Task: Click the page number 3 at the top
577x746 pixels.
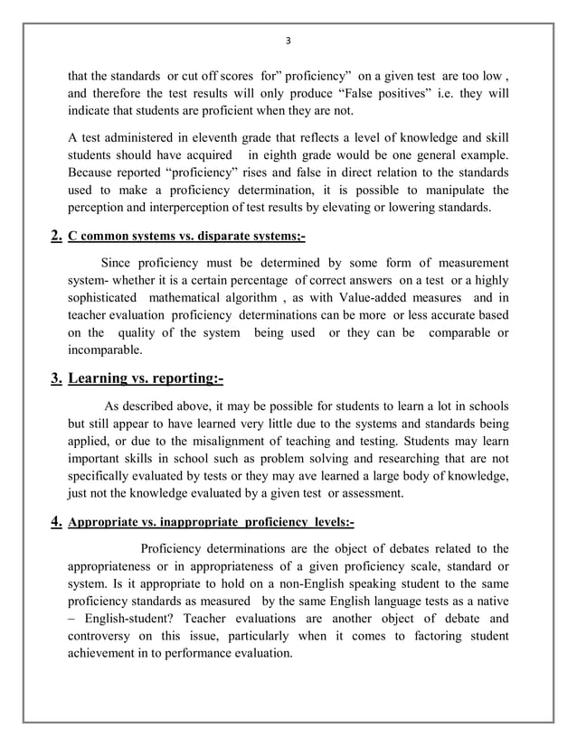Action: [288, 40]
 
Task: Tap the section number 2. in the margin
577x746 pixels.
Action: [56, 237]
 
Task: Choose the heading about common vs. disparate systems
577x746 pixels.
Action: [187, 238]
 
